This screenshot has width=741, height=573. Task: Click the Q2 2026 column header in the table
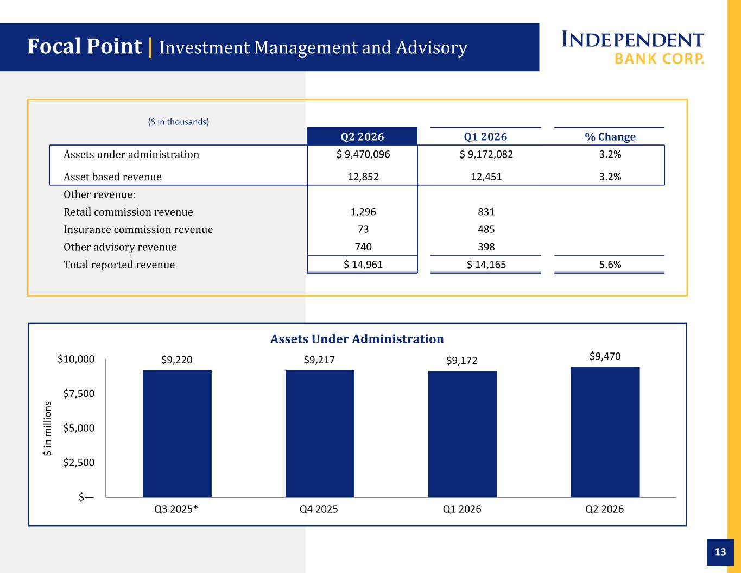click(362, 136)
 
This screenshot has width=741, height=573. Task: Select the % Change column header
click(610, 137)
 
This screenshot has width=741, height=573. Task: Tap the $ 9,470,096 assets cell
click(363, 154)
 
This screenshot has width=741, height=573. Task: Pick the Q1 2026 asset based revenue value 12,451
click(486, 177)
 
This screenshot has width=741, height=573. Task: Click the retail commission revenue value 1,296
click(363, 212)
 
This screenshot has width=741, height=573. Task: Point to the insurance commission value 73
click(363, 229)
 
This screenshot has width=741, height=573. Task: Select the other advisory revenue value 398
click(486, 247)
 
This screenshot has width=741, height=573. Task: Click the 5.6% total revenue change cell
click(610, 265)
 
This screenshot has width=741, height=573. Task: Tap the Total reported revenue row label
click(119, 265)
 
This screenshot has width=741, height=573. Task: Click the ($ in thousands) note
click(179, 122)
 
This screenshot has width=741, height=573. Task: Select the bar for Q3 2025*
click(177, 433)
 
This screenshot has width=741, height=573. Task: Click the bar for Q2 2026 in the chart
click(605, 432)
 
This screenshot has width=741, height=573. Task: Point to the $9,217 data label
click(319, 360)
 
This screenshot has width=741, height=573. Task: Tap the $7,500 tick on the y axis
click(79, 394)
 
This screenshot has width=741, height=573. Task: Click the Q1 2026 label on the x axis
click(462, 509)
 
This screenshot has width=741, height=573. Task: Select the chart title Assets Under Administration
click(357, 339)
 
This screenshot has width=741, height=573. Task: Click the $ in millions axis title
click(47, 429)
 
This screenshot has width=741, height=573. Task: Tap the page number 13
click(720, 552)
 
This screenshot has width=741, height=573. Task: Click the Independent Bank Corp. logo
click(632, 48)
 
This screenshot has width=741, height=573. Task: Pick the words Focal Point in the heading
click(85, 46)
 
